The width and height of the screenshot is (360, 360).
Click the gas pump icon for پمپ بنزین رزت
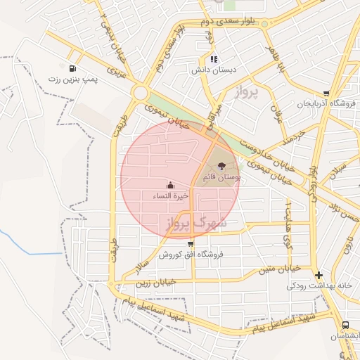click(x=74, y=68)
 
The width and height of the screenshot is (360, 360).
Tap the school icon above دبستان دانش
click(x=214, y=59)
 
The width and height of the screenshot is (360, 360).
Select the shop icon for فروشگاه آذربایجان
click(x=326, y=94)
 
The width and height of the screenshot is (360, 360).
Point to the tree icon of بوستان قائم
click(x=222, y=167)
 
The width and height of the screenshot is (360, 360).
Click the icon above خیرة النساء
click(x=170, y=186)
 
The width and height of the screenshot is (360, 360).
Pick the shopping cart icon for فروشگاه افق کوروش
click(x=191, y=243)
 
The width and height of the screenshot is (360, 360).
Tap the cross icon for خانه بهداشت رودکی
click(x=319, y=275)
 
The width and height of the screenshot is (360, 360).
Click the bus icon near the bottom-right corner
click(x=345, y=325)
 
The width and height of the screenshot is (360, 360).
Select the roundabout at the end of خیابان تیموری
click(x=141, y=93)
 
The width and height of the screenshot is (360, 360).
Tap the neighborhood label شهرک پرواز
click(x=196, y=224)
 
